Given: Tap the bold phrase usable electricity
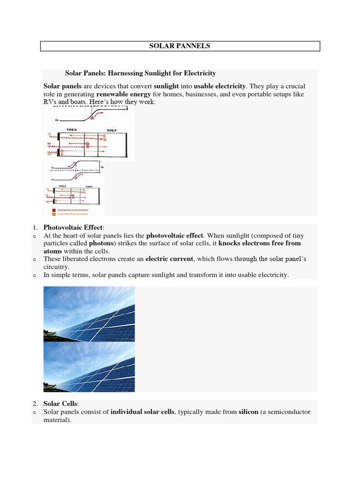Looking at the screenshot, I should click(x=219, y=86).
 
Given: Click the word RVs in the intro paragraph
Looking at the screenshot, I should click(x=50, y=102).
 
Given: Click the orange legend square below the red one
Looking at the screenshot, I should click(x=54, y=214).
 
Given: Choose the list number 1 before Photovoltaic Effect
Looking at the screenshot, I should click(x=35, y=228).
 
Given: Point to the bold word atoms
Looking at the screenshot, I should click(x=52, y=251).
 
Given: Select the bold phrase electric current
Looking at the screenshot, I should click(x=169, y=259).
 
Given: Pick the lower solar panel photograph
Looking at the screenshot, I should click(x=89, y=367).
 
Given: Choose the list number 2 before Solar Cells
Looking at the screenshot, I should click(x=35, y=404).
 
